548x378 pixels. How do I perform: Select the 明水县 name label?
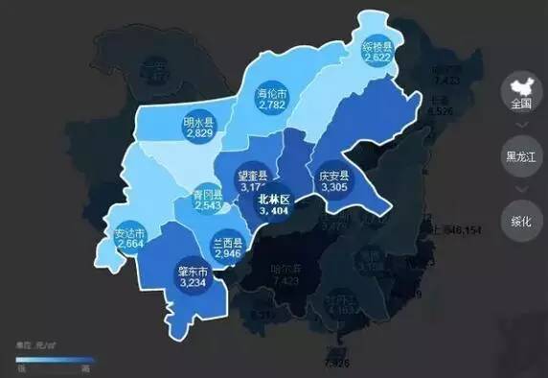point(199,122)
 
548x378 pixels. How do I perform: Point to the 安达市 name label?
point(129,233)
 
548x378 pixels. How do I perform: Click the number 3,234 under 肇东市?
point(194,283)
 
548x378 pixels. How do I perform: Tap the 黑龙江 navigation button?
point(521,155)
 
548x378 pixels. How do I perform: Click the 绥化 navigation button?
point(521,222)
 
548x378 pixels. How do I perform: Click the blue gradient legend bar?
point(53,359)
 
